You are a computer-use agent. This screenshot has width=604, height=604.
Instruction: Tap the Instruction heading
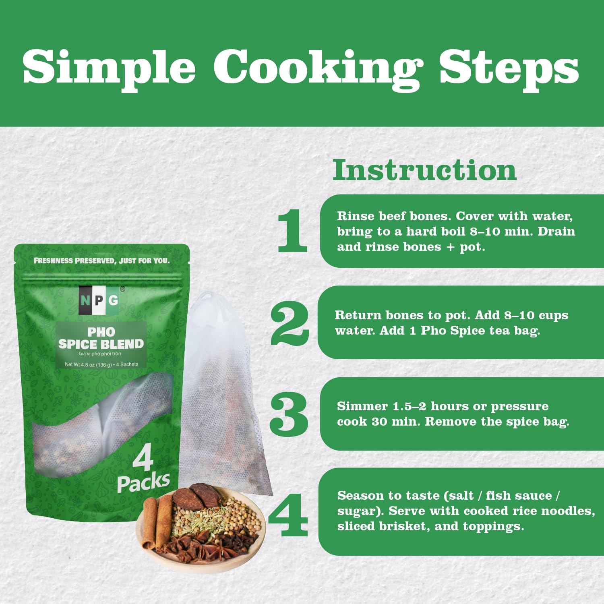point(424,170)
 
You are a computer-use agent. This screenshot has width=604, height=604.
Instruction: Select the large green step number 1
point(293,231)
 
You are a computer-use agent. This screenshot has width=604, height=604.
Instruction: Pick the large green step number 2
point(290,323)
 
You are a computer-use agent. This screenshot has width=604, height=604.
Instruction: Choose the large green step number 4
point(288,514)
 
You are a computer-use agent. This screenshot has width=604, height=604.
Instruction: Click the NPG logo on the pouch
point(99,300)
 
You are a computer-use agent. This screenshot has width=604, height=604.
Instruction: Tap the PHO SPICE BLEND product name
point(101,338)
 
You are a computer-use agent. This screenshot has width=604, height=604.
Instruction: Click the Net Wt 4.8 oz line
point(101,364)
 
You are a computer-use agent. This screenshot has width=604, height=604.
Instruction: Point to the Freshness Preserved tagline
point(101,261)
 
